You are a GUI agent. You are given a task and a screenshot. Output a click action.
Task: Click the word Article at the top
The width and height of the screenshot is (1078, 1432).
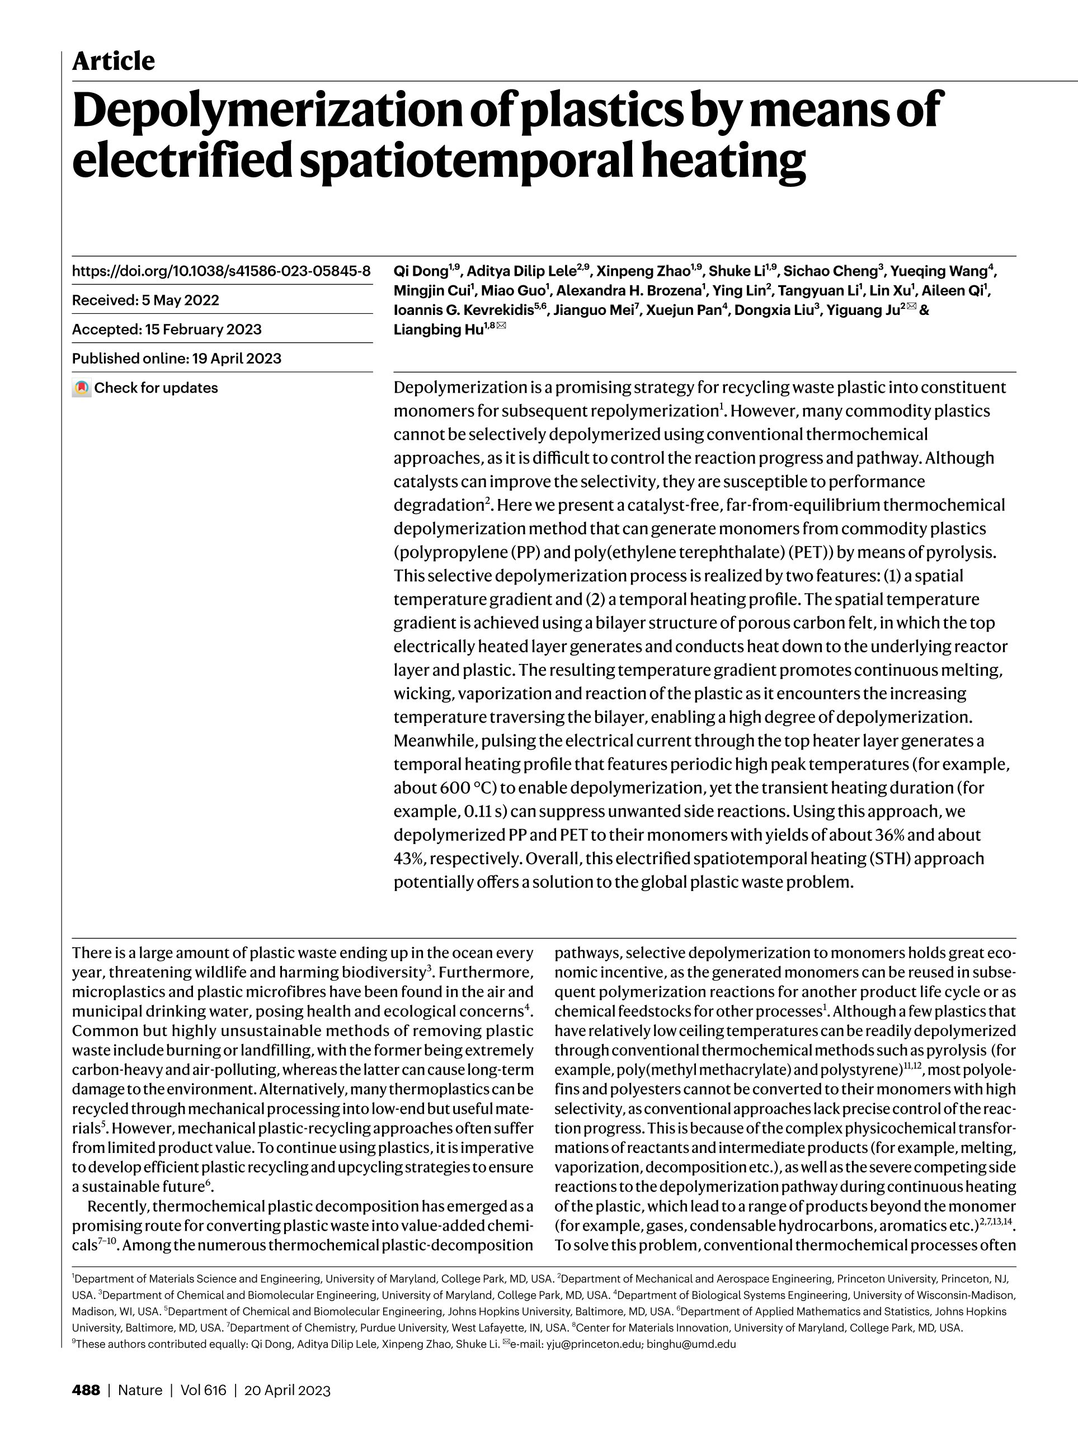(x=114, y=62)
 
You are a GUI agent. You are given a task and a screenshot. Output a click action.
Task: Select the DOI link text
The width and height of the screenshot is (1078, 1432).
(x=221, y=271)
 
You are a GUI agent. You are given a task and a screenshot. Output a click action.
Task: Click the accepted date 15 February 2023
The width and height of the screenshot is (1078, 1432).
(x=203, y=329)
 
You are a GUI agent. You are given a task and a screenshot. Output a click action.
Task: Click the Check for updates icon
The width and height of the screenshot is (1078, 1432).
(x=82, y=388)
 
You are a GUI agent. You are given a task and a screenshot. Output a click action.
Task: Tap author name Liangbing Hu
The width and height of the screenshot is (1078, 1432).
(x=437, y=330)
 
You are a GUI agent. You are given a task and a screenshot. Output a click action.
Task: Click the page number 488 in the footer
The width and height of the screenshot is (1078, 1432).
(x=86, y=1391)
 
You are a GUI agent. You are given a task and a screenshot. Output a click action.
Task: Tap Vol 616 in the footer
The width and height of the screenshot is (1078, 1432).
(x=203, y=1391)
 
